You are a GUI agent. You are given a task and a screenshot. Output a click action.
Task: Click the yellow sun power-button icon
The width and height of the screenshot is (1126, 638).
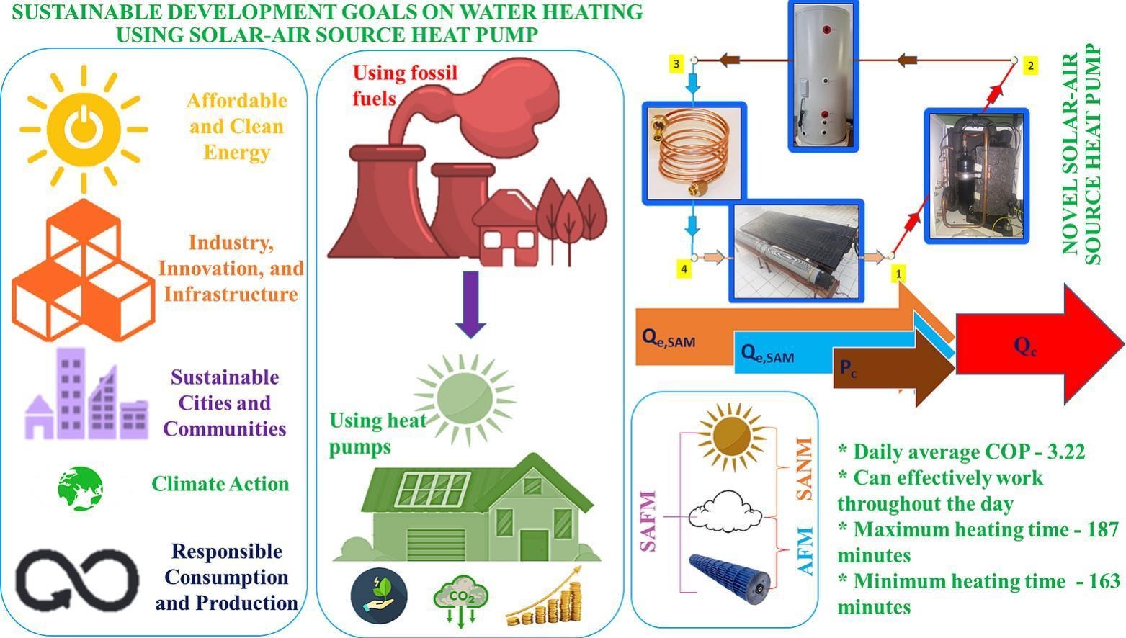84,129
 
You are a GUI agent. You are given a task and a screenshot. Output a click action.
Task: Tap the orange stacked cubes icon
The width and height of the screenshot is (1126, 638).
84,270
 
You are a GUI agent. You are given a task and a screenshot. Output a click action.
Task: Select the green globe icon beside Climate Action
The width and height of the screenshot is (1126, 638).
81,488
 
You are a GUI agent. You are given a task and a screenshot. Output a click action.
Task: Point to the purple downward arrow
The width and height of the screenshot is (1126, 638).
470,305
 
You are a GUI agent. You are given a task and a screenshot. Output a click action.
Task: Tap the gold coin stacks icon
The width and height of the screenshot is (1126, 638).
545,597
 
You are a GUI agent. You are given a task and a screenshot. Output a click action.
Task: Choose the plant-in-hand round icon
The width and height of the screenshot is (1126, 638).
379,596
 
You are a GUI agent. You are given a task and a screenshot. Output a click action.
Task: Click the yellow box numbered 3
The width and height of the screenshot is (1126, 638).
676,64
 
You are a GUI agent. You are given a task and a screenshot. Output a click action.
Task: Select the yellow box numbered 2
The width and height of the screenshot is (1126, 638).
1030,66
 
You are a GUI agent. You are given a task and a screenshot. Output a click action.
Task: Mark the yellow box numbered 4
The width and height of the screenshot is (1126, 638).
684,269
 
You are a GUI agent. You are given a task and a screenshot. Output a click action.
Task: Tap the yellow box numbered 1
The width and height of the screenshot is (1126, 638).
898,274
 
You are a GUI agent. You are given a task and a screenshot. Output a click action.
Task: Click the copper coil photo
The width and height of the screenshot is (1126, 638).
694,153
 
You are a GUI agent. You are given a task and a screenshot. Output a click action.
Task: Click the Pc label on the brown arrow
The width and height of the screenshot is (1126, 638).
848,369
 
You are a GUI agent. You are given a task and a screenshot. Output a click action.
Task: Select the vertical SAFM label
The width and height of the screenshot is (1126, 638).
648,521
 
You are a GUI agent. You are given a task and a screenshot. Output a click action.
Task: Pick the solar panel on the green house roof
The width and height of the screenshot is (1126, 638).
432,489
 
